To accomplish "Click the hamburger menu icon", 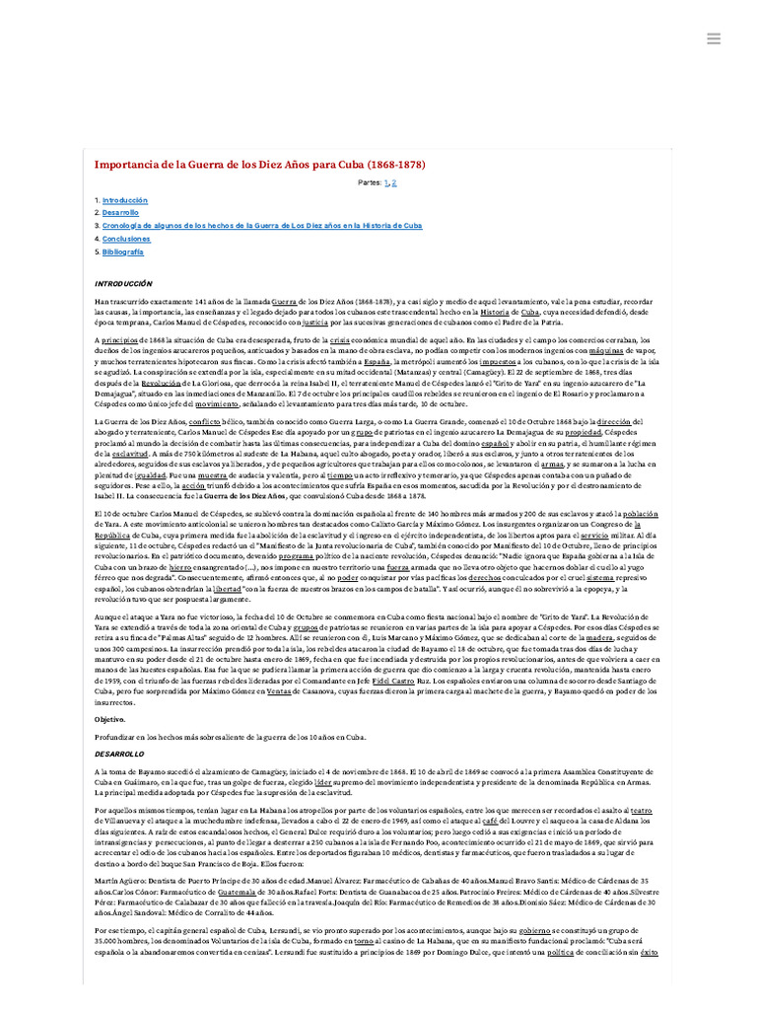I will [715, 38].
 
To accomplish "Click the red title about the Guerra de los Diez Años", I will [259, 165].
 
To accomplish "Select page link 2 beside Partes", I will [394, 183].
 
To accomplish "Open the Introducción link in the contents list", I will [124, 199].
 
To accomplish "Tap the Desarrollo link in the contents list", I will [120, 212].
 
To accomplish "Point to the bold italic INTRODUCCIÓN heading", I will [124, 283].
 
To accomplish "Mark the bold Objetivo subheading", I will [110, 719].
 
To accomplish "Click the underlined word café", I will [490, 818].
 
